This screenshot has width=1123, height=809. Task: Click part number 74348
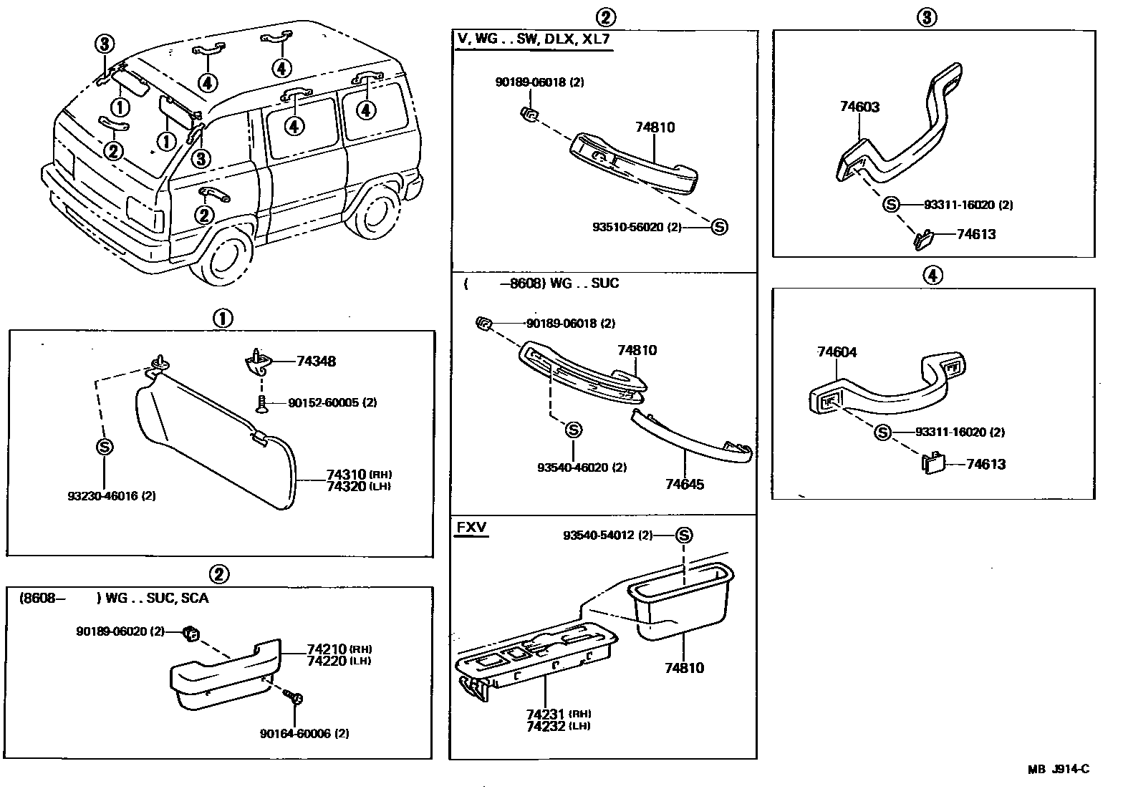coord(316,361)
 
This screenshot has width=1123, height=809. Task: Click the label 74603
coord(859,107)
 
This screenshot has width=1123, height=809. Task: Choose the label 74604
coord(837,352)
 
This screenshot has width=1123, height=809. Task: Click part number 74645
coord(684,485)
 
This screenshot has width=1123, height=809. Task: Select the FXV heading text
coord(471,528)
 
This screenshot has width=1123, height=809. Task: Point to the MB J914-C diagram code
coord(1058,770)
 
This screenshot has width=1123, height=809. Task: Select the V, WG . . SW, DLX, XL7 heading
coord(534,39)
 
